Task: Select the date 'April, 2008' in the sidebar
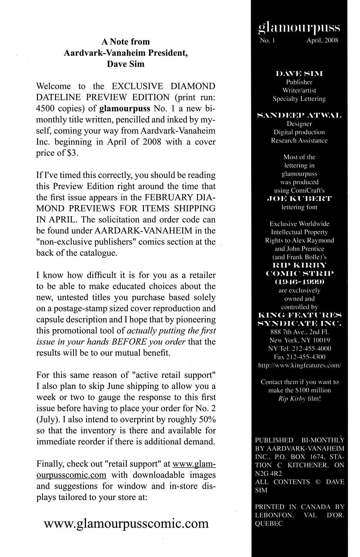(322, 41)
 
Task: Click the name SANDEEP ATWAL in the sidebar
(299, 115)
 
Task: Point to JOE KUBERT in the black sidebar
(299, 199)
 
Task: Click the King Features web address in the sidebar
(299, 365)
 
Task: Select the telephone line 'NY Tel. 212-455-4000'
(299, 349)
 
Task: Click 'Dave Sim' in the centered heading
(126, 64)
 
